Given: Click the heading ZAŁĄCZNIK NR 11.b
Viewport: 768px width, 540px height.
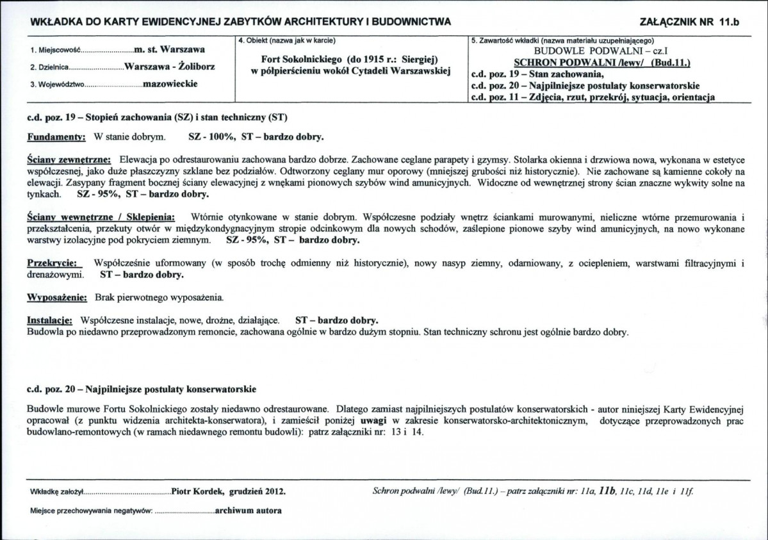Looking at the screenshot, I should (689, 22).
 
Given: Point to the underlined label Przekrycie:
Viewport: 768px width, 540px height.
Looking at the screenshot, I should (54, 263).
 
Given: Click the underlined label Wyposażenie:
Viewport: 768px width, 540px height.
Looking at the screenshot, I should (57, 298).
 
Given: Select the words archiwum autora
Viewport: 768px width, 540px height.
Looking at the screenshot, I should (249, 511).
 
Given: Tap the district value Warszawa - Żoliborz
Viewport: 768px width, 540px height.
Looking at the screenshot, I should (170, 67).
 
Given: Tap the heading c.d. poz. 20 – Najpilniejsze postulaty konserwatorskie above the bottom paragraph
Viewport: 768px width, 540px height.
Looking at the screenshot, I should (142, 389).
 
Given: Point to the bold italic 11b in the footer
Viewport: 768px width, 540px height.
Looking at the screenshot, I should (606, 491).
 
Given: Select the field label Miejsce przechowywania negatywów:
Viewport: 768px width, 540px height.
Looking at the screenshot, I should (91, 511).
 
